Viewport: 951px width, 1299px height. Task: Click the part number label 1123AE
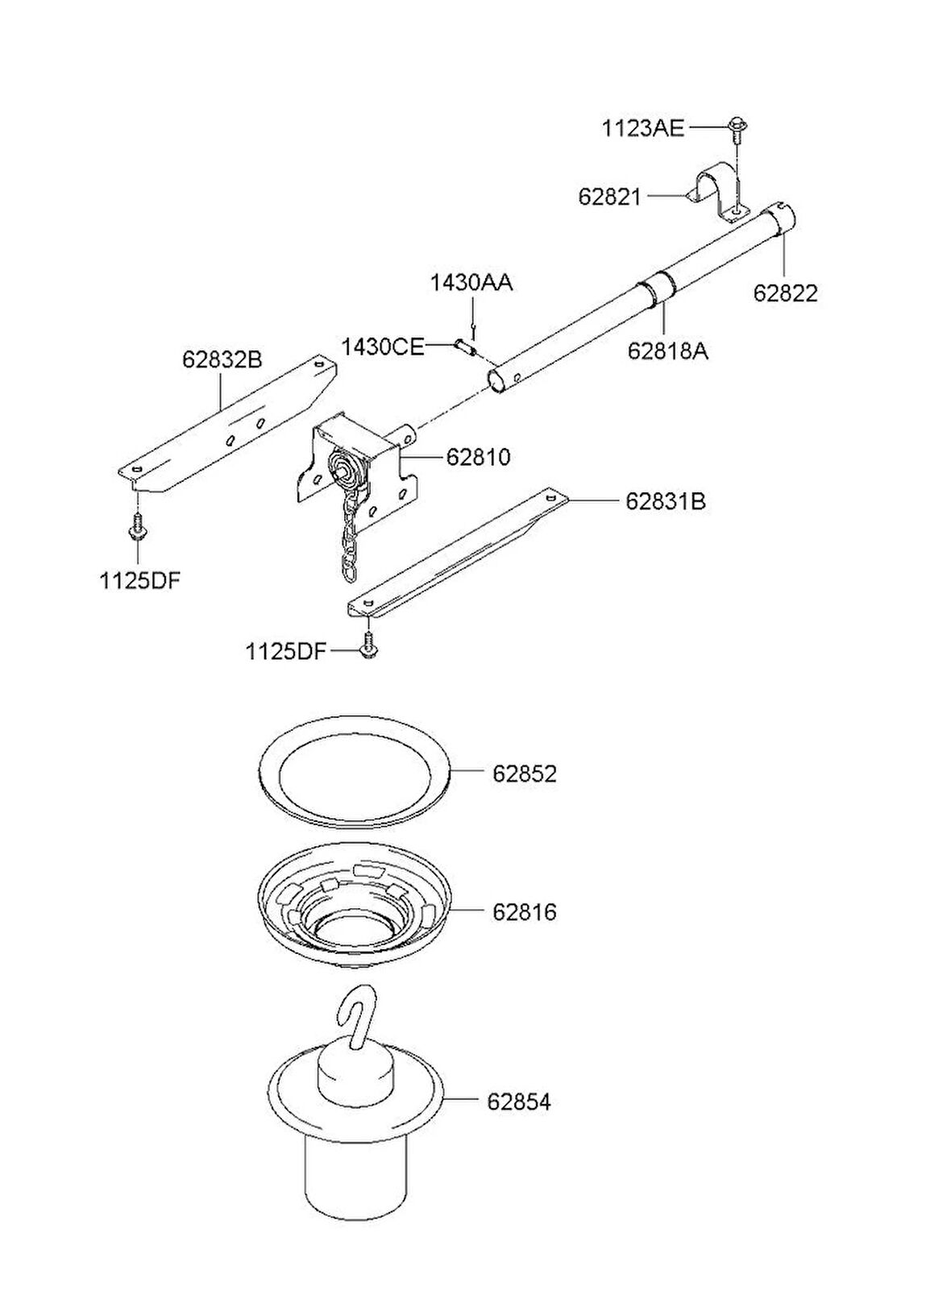tap(642, 128)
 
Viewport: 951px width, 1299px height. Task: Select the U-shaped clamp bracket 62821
tap(719, 192)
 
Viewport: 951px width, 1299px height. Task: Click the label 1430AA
tap(471, 284)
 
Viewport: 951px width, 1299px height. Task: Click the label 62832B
tap(222, 359)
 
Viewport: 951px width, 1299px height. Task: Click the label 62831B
tap(666, 501)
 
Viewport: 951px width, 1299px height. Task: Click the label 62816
tap(525, 912)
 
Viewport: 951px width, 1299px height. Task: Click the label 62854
tap(518, 1102)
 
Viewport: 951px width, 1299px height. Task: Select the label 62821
tap(610, 196)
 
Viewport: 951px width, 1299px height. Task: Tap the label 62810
tap(479, 457)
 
